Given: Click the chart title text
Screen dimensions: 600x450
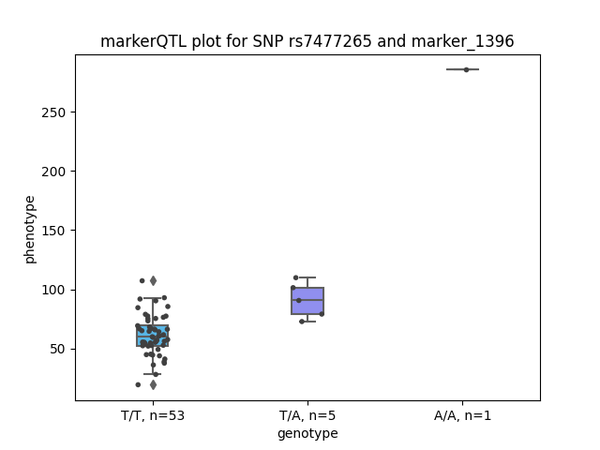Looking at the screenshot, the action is (307, 41).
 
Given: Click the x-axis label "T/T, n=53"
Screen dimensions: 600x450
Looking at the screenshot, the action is (153, 415).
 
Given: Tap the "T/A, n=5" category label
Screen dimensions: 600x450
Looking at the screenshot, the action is (307, 415).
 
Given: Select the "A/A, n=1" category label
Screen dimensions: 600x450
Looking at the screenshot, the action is (462, 415).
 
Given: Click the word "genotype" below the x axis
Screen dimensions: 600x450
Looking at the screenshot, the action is (307, 433).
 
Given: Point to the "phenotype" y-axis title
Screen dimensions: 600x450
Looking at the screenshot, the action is (30, 230).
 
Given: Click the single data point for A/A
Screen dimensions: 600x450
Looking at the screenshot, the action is (467, 69).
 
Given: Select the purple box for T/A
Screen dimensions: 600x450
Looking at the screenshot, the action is (307, 301).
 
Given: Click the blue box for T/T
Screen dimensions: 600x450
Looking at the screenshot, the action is (153, 336).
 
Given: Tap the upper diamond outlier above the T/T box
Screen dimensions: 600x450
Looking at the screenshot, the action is (153, 281).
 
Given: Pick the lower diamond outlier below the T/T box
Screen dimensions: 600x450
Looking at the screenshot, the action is (153, 385).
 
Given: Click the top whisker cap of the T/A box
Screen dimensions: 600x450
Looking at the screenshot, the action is (307, 277).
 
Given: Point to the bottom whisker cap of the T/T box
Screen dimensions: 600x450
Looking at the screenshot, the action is (152, 374).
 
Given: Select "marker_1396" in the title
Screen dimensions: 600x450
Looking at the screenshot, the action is (462, 41).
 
